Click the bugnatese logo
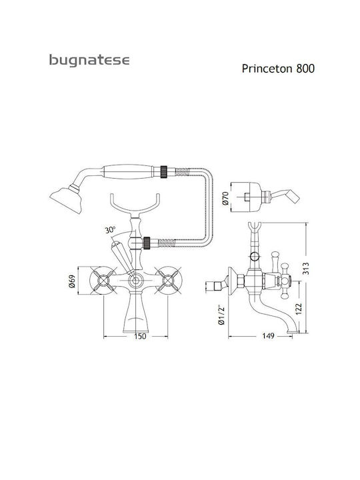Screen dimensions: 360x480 pos(89,60)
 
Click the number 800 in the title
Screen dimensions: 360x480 pos(305,68)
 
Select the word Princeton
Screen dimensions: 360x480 pos(267,69)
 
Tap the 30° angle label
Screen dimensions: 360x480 pos(110,229)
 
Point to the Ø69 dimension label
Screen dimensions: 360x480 pos(72,281)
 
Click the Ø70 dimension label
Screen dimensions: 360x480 pos(225,199)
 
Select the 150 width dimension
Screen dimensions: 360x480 pos(140,336)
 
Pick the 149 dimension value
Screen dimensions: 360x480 pos(268,336)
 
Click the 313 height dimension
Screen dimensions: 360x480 pos(306,269)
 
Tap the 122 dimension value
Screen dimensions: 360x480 pos(299,309)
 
